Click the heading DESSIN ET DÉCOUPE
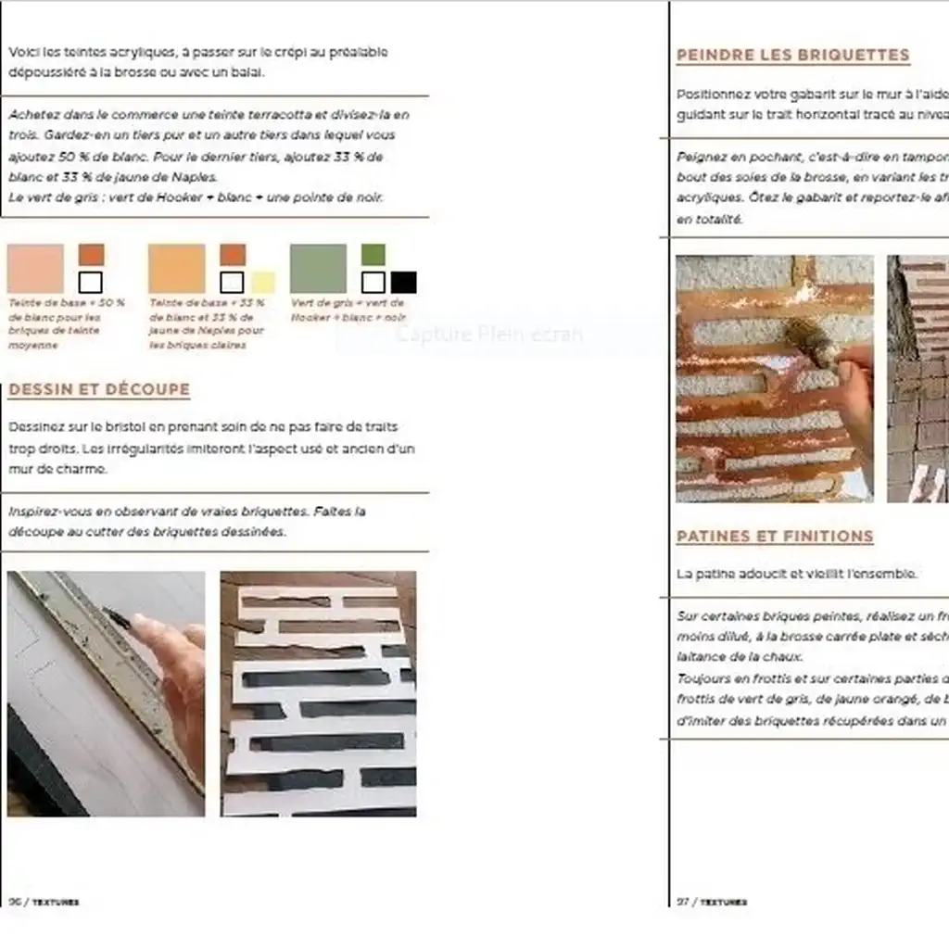[x=98, y=389]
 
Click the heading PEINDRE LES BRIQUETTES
[x=792, y=55]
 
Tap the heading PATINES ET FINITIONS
[x=774, y=536]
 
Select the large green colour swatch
[x=318, y=269]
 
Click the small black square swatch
[x=403, y=282]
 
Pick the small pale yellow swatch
[x=262, y=282]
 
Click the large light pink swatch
[x=35, y=269]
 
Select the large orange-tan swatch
[x=176, y=269]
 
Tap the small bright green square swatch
[x=373, y=254]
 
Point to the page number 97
[x=684, y=901]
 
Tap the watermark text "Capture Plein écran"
[x=488, y=334]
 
